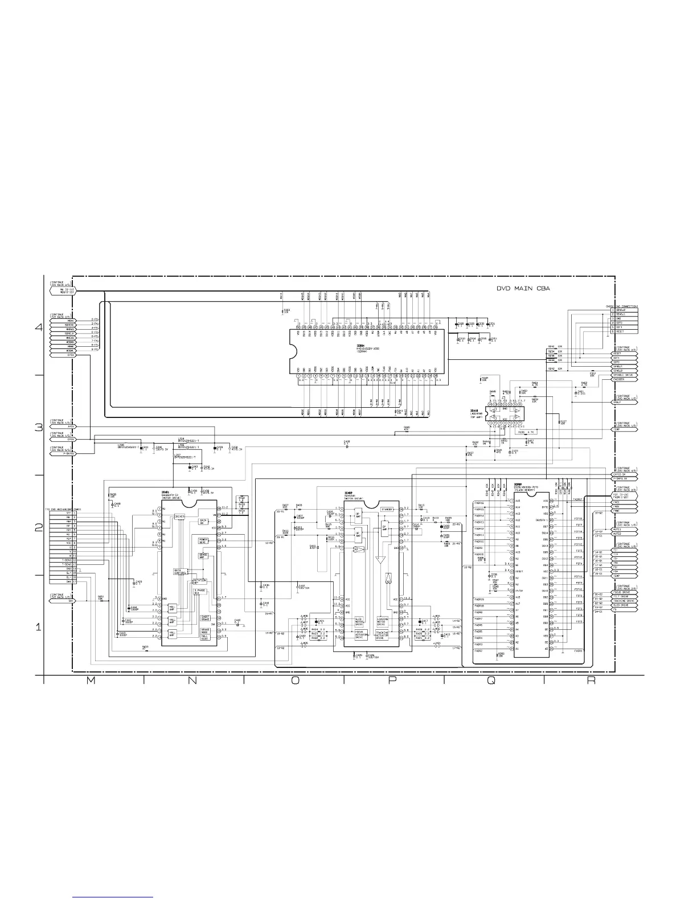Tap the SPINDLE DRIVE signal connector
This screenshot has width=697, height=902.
point(625,375)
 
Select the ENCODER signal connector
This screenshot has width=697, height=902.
point(625,380)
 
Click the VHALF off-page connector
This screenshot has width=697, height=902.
point(625,402)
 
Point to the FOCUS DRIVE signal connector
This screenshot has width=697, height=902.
point(625,592)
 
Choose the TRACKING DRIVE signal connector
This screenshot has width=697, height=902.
point(625,601)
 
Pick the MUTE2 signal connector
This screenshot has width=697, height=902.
point(625,534)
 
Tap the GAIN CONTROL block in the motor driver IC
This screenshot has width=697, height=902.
point(181,572)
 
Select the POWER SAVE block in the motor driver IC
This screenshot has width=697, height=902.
point(203,540)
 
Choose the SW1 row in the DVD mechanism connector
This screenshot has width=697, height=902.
point(62,581)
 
